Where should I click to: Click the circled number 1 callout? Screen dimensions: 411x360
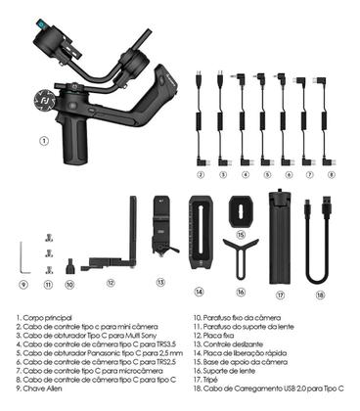coord(43,140)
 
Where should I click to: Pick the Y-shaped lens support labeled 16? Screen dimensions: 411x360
coord(240,256)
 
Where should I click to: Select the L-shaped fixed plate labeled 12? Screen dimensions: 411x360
coord(125,245)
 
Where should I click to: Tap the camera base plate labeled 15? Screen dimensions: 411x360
coord(240,208)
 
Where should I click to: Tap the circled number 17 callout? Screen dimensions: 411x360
coord(280,294)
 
